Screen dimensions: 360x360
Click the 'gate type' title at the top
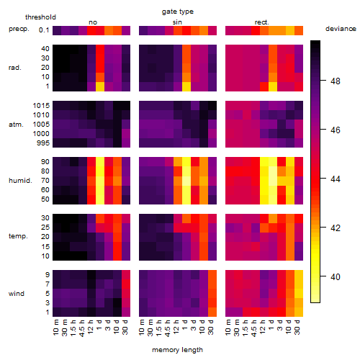[178, 12]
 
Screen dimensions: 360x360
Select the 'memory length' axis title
[177, 350]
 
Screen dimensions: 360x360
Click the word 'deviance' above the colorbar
[341, 29]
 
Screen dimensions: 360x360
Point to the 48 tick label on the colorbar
[336, 81]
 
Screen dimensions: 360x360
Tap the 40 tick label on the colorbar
[336, 277]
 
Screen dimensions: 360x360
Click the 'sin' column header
[177, 22]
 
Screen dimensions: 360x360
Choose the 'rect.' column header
[262, 22]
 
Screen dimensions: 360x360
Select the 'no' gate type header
[93, 22]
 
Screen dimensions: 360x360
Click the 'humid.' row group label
[20, 180]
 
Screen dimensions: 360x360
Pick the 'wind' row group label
[17, 294]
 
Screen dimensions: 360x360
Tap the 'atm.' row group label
[16, 125]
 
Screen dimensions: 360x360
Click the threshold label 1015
[41, 106]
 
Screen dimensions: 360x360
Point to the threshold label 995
[43, 143]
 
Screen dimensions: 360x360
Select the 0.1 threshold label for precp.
[44, 30]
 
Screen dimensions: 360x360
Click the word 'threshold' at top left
[40, 17]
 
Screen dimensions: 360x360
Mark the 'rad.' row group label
[15, 68]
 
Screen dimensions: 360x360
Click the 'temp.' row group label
[18, 236]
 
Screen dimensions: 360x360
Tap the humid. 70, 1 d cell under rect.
[273, 181]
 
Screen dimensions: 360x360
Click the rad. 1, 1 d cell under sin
[186, 86]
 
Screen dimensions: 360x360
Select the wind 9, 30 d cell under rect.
[299, 275]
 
